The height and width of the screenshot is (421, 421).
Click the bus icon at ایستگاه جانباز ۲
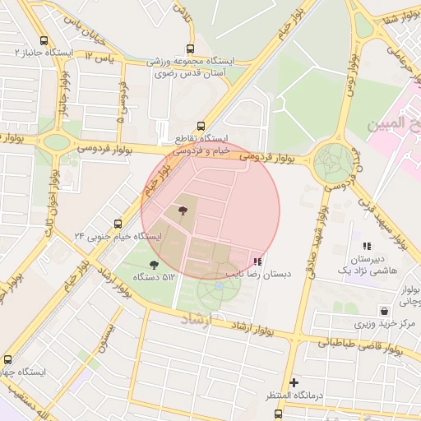pyautogui.click(x=44, y=39)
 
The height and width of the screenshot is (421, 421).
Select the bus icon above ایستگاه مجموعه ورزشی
pyautogui.click(x=191, y=49)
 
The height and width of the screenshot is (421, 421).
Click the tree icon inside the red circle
pyautogui.click(x=182, y=212)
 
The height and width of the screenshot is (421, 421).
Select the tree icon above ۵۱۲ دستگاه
pyautogui.click(x=154, y=265)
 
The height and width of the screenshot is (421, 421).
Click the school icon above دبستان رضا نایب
pyautogui.click(x=258, y=261)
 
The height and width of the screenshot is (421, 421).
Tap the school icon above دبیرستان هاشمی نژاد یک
pyautogui.click(x=367, y=245)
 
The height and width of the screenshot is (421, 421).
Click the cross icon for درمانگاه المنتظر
pyautogui.click(x=294, y=382)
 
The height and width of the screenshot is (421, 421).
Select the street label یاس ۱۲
pyautogui.click(x=103, y=59)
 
